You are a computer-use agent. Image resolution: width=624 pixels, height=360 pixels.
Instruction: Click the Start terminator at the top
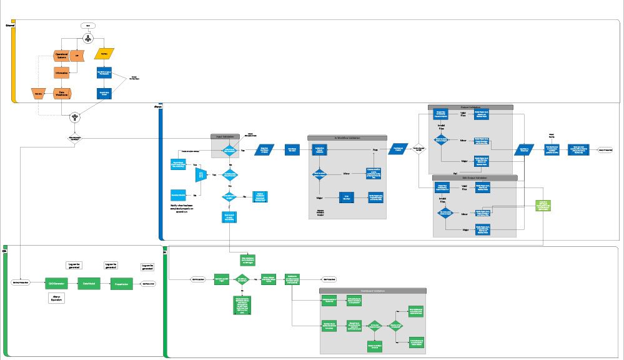coord(89,26)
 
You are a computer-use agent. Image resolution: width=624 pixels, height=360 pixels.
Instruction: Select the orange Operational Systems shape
coord(62,56)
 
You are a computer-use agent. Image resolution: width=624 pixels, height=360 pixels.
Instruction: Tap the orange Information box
coord(62,73)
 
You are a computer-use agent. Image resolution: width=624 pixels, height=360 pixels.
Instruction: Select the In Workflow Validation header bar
coord(347,137)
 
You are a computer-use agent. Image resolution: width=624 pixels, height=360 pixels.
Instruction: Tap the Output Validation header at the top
coord(470,107)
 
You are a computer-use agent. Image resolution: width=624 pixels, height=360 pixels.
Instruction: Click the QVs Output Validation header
coord(475,178)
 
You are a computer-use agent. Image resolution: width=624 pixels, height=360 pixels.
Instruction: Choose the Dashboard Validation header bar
coord(372,291)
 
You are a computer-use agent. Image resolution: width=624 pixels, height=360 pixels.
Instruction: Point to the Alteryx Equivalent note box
coord(56,298)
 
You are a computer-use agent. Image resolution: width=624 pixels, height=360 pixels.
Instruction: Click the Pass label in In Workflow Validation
coord(375,150)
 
